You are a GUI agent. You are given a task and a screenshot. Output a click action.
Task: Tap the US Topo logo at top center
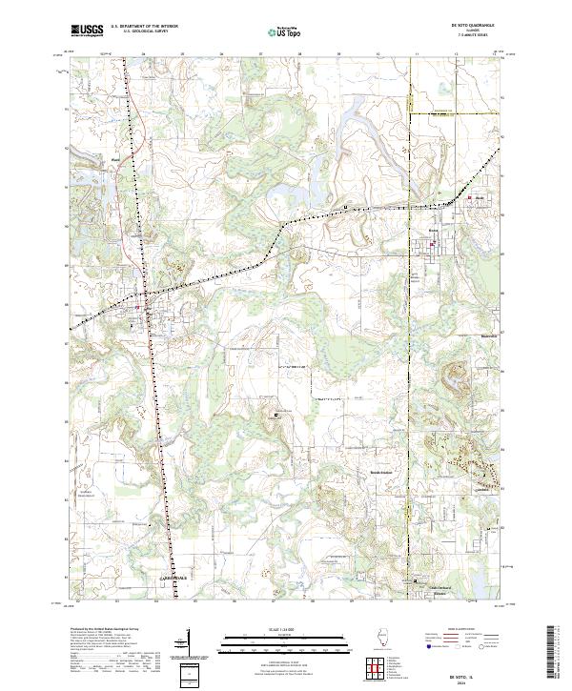(283, 31)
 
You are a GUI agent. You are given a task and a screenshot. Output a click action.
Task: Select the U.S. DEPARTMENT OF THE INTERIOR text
(145, 27)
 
